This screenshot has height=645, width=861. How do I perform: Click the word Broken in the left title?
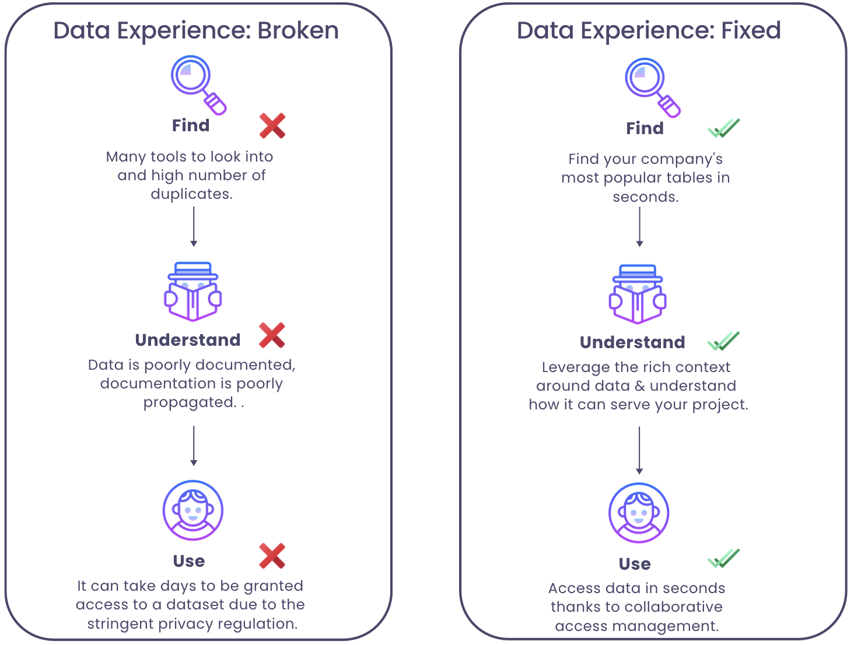(x=298, y=31)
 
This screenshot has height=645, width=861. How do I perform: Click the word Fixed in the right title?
(x=751, y=31)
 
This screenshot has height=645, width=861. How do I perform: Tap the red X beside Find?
(x=272, y=125)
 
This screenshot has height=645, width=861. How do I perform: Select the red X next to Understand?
(x=272, y=335)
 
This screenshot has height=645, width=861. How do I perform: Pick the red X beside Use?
(x=272, y=556)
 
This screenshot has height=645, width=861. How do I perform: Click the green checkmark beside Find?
(x=723, y=128)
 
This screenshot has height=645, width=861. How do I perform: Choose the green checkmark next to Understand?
(x=723, y=341)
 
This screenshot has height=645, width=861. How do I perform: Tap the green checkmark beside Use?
(x=723, y=559)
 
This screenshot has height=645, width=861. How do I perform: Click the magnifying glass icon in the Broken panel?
(x=197, y=84)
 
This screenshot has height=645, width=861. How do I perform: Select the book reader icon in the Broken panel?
(x=193, y=292)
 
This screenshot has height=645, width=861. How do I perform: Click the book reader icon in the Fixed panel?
(x=638, y=295)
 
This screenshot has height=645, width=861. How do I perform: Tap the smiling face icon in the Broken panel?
(x=193, y=511)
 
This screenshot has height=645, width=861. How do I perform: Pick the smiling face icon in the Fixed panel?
(x=639, y=513)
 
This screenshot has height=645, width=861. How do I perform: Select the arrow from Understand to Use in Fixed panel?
(x=639, y=450)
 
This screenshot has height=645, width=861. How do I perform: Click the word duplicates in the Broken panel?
(x=191, y=194)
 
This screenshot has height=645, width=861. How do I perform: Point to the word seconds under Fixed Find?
(x=645, y=197)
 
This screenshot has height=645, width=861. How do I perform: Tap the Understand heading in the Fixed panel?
(x=632, y=342)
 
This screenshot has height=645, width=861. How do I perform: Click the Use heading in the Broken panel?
(x=189, y=561)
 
